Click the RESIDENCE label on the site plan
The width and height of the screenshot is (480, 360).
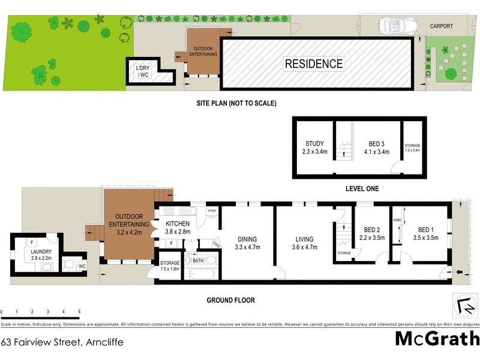pos(314,64)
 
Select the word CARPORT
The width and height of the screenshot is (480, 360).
pos(442,26)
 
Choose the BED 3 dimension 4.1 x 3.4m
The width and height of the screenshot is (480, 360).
pos(376,152)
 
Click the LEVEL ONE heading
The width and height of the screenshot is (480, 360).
pos(362,188)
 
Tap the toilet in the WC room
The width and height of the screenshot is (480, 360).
pos(70,263)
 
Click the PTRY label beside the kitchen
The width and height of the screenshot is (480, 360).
pos(211,211)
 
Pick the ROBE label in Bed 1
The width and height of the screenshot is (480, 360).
pos(397,220)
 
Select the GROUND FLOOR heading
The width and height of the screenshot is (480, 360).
pos(232,300)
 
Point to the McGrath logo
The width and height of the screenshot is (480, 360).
pos(437,339)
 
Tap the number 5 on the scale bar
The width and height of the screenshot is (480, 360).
pos(79,312)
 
